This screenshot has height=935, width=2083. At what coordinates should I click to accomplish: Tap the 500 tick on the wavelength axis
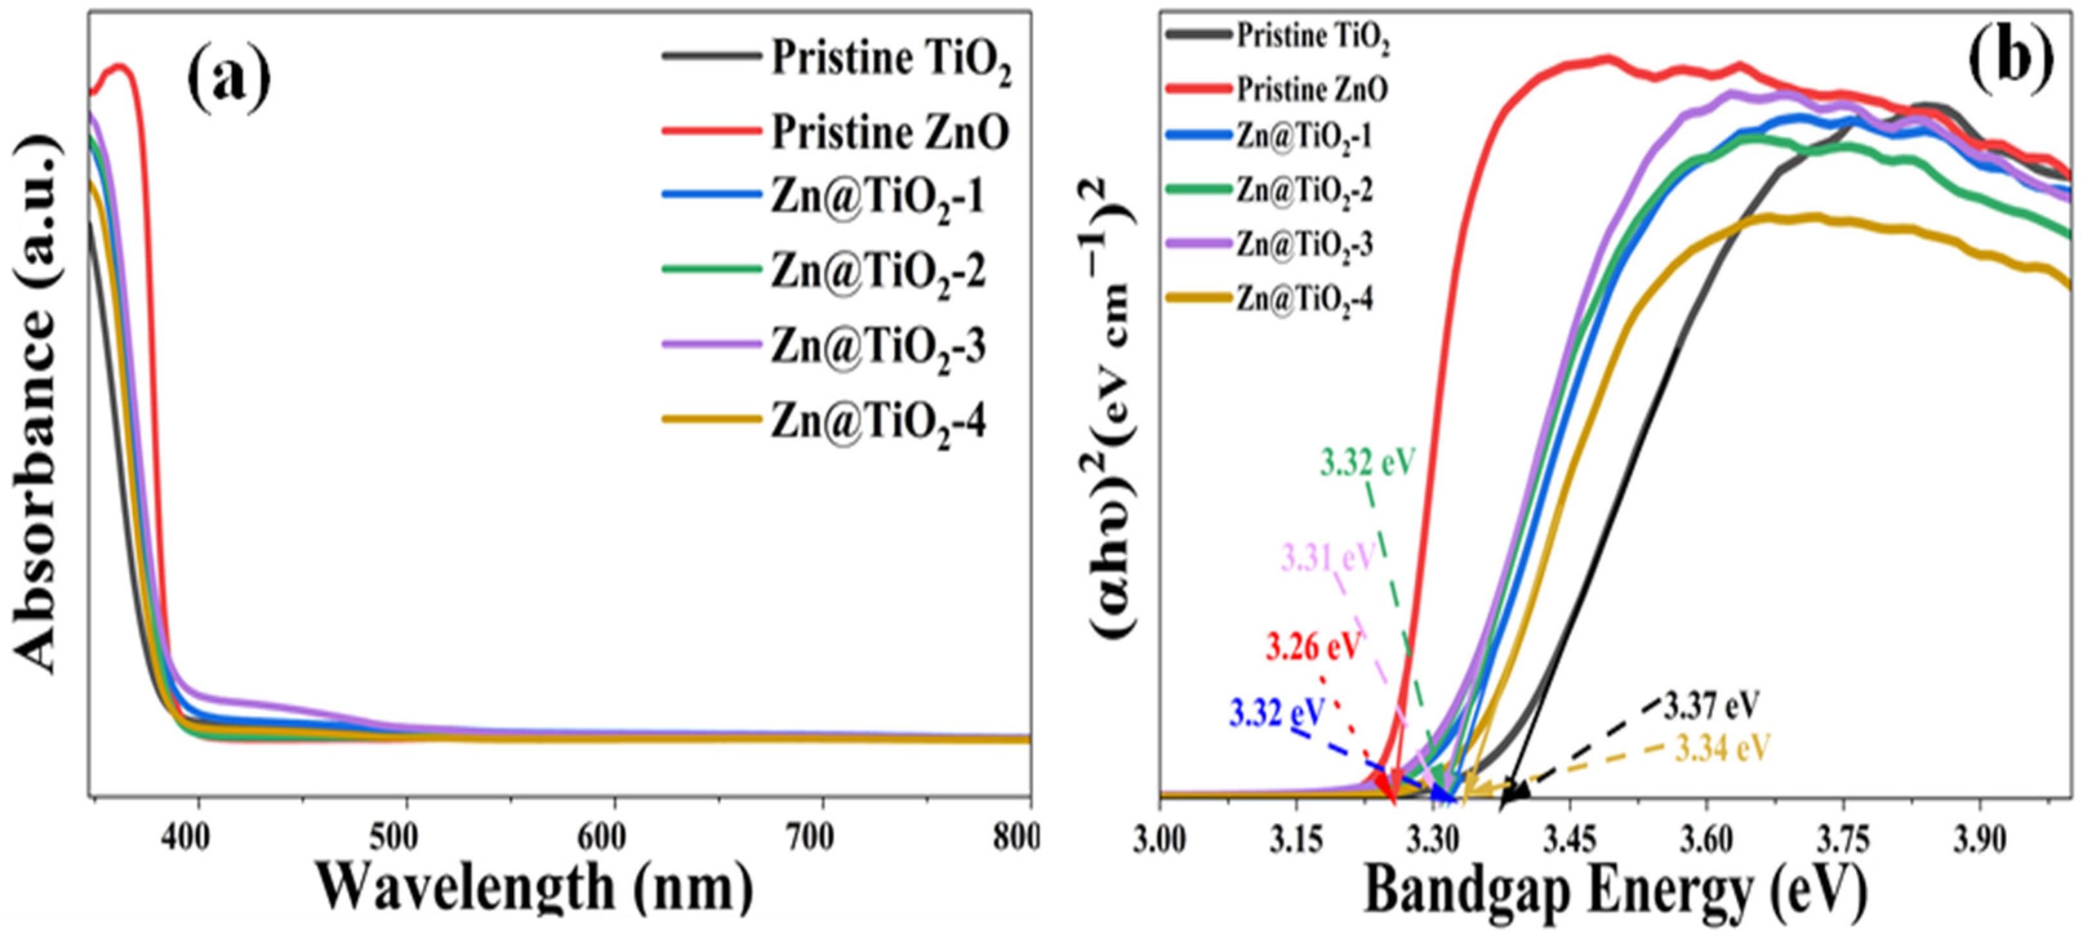(397, 838)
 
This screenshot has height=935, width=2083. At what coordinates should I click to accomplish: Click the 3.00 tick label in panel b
(1160, 840)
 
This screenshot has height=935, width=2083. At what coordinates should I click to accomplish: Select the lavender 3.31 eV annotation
(1327, 557)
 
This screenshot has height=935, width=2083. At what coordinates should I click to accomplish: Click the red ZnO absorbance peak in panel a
(121, 67)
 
